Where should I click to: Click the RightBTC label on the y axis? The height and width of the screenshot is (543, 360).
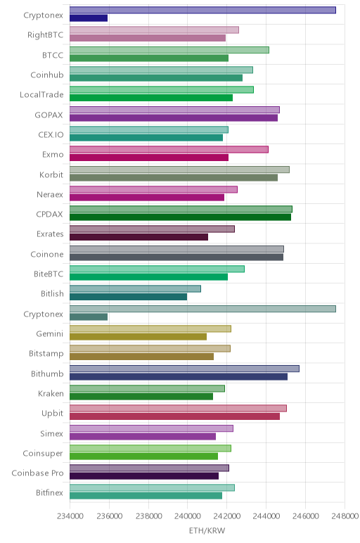click(45, 35)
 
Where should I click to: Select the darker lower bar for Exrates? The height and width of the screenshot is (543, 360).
click(139, 237)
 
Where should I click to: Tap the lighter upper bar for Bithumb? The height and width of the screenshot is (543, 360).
click(184, 369)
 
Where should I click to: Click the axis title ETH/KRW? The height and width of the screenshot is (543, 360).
click(207, 530)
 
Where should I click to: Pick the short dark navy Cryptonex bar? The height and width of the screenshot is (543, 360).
click(89, 18)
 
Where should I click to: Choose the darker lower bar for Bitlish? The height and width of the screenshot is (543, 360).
click(129, 297)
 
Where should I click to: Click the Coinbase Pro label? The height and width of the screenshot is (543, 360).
click(37, 473)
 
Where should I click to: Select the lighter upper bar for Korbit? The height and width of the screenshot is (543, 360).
click(180, 170)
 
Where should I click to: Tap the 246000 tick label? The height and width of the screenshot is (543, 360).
click(305, 516)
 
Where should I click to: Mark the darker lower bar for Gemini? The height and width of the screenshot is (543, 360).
click(138, 337)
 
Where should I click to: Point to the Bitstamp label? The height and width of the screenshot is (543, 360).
click(46, 354)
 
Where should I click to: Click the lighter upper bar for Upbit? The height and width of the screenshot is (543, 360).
click(179, 408)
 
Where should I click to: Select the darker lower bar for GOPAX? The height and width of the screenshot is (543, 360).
click(174, 117)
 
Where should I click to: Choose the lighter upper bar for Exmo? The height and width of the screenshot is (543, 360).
click(169, 150)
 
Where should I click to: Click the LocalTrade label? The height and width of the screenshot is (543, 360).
click(41, 95)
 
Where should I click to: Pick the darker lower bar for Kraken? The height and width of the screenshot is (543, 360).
click(141, 397)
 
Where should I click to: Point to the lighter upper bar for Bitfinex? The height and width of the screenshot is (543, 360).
click(152, 487)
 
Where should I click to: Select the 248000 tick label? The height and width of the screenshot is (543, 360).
click(345, 516)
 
